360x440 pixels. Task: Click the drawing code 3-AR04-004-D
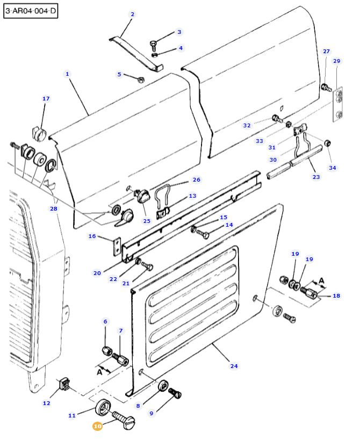pyautogui.click(x=30, y=11)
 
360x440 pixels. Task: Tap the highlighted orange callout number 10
pyautogui.click(x=97, y=426)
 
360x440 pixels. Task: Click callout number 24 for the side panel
pyautogui.click(x=234, y=366)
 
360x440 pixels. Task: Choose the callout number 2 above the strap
pyautogui.click(x=132, y=14)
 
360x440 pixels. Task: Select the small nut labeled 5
pyautogui.click(x=141, y=80)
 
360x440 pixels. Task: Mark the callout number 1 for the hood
pyautogui.click(x=67, y=74)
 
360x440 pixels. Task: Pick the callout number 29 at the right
pyautogui.click(x=337, y=61)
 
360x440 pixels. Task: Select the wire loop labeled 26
pyautogui.click(x=163, y=192)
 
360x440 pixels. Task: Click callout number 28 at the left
pyautogui.click(x=53, y=208)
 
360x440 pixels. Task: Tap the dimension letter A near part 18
pyautogui.click(x=322, y=280)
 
